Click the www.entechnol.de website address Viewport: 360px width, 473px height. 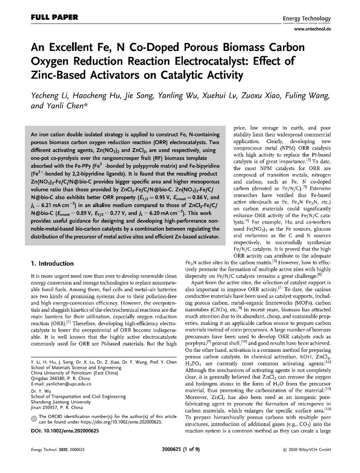312,28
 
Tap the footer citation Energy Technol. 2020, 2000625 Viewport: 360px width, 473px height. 58,462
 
